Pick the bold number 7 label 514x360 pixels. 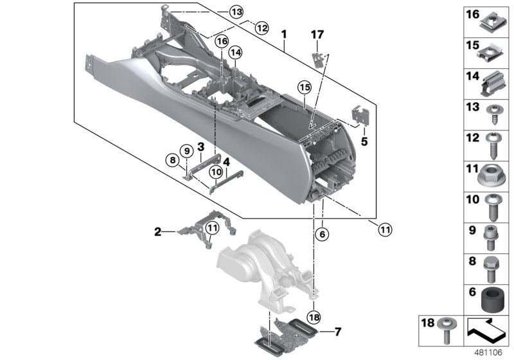337,332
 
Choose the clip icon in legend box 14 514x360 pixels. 492,82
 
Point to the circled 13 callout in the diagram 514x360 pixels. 219,12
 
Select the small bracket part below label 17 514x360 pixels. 317,59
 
